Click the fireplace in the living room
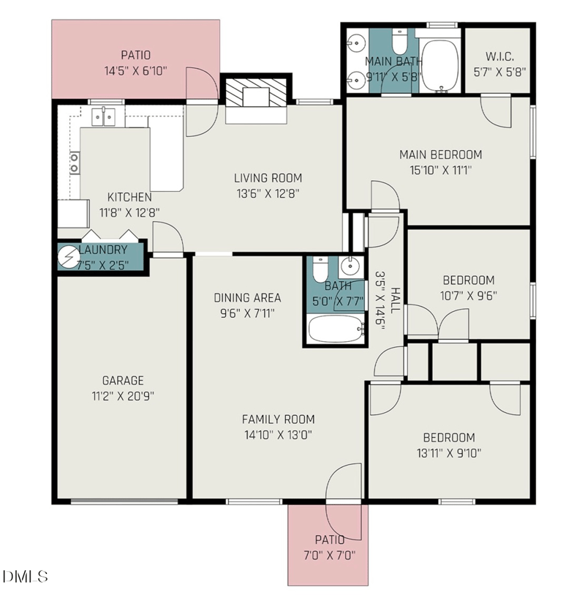point(254,98)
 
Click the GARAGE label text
point(122,381)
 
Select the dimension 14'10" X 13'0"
point(278,433)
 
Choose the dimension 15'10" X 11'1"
point(440,170)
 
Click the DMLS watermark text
point(25,576)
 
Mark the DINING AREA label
point(247,298)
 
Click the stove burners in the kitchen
point(74,163)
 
